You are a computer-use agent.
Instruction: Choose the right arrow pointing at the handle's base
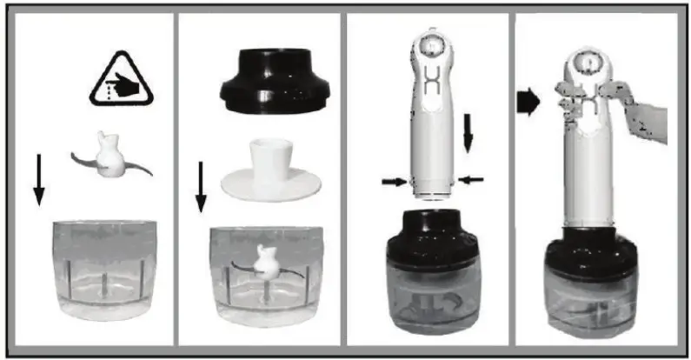pos(472,179)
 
